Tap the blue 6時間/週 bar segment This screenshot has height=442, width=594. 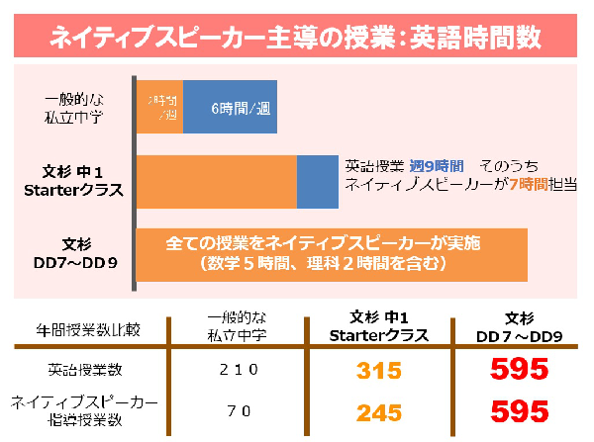tap(231, 106)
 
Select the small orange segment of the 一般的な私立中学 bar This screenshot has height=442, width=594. tap(159, 106)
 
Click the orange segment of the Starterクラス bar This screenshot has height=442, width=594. tap(216, 181)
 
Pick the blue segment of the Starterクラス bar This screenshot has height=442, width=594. tap(317, 181)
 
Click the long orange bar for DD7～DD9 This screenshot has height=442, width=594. tap(332, 255)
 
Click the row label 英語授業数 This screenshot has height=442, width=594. tap(84, 370)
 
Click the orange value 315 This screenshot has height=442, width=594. tap(381, 371)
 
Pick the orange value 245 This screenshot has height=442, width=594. tap(381, 410)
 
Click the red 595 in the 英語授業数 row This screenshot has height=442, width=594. tap(519, 370)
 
